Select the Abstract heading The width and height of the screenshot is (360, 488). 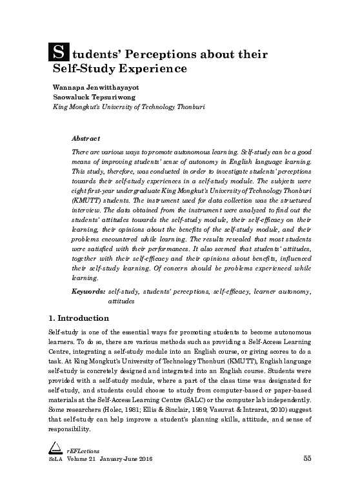pyautogui.click(x=85, y=139)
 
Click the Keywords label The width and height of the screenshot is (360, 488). pyautogui.click(x=88, y=292)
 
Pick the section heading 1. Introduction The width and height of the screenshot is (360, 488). pyautogui.click(x=79, y=319)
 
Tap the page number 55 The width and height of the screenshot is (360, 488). pyautogui.click(x=307, y=476)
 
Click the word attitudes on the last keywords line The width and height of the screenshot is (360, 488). pyautogui.click(x=121, y=301)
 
